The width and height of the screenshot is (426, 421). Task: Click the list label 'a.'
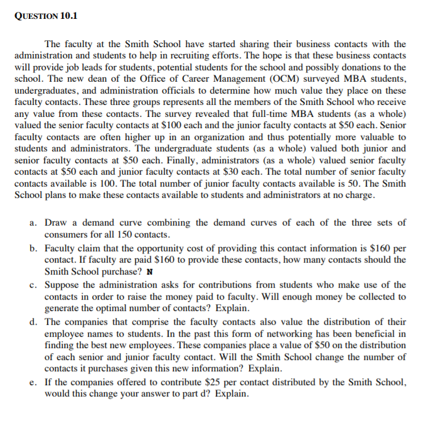click(34, 223)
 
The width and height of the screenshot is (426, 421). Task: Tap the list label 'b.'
click(34, 248)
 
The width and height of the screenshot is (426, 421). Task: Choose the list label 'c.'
click(34, 285)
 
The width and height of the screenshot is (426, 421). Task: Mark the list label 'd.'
click(34, 321)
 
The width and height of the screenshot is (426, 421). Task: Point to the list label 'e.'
click(34, 382)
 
